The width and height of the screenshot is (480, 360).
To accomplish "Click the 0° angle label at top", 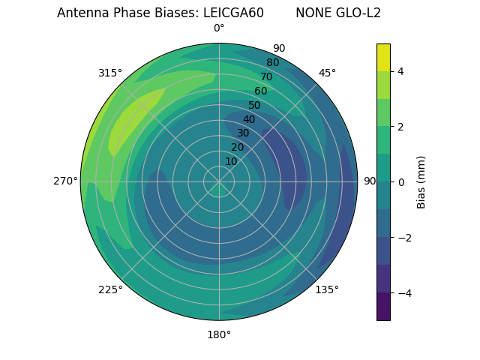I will pos(219,28).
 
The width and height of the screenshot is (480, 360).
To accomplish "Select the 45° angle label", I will pos(327,73).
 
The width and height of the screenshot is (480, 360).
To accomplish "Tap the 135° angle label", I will pos(327,289).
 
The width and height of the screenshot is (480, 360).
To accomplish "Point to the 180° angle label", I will pos(219,334).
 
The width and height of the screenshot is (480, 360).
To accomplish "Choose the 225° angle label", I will pos(110,289).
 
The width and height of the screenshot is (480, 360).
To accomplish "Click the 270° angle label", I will pos(65,181).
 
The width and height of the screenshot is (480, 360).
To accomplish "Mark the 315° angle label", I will pos(110,73).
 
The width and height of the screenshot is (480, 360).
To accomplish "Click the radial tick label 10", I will pos(231,161).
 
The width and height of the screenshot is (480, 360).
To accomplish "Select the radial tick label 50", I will pos(254,105).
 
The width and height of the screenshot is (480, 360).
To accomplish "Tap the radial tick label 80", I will pos(272,62).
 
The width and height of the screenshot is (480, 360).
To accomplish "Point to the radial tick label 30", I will pos(243,133).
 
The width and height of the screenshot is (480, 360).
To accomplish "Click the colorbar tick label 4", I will pos(401,71).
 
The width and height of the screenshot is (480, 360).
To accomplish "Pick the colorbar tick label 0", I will pos(401,182).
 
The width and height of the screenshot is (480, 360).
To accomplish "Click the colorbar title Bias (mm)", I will pos(421,182).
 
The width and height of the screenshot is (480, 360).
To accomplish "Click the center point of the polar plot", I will pos(219,181).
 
